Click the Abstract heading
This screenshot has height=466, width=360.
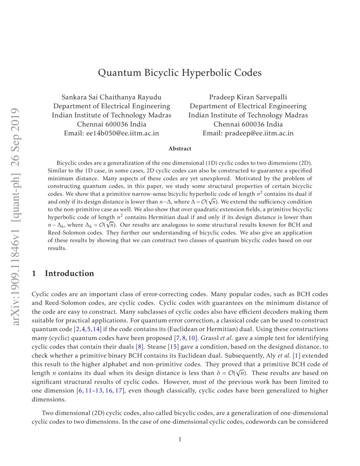(180, 149)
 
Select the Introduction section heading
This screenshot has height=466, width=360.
(69, 274)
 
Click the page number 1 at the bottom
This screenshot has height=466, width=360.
(180, 439)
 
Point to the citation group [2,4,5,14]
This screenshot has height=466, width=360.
(86, 329)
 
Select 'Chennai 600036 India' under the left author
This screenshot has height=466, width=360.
(111, 124)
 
